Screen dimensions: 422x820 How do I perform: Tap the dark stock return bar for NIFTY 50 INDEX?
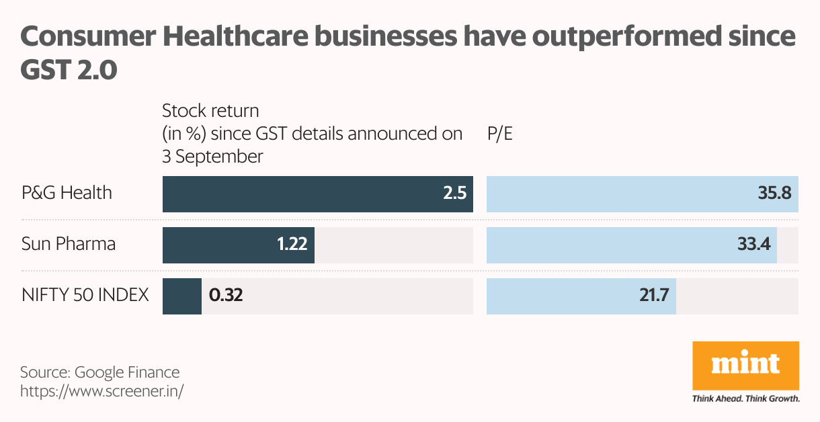181,296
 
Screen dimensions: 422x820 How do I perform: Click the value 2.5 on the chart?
454,194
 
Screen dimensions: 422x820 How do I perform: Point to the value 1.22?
292,244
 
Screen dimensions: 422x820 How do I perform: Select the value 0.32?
225,296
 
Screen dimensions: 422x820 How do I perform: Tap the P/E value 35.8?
774,194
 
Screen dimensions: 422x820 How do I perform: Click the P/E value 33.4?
753,244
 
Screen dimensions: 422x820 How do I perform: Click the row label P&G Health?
67,194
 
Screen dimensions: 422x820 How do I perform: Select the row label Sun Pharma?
68,244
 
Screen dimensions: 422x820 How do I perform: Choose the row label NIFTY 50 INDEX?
85,295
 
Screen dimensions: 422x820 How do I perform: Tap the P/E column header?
499,134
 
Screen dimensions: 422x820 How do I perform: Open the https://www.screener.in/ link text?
101,390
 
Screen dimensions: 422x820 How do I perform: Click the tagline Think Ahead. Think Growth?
745,398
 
